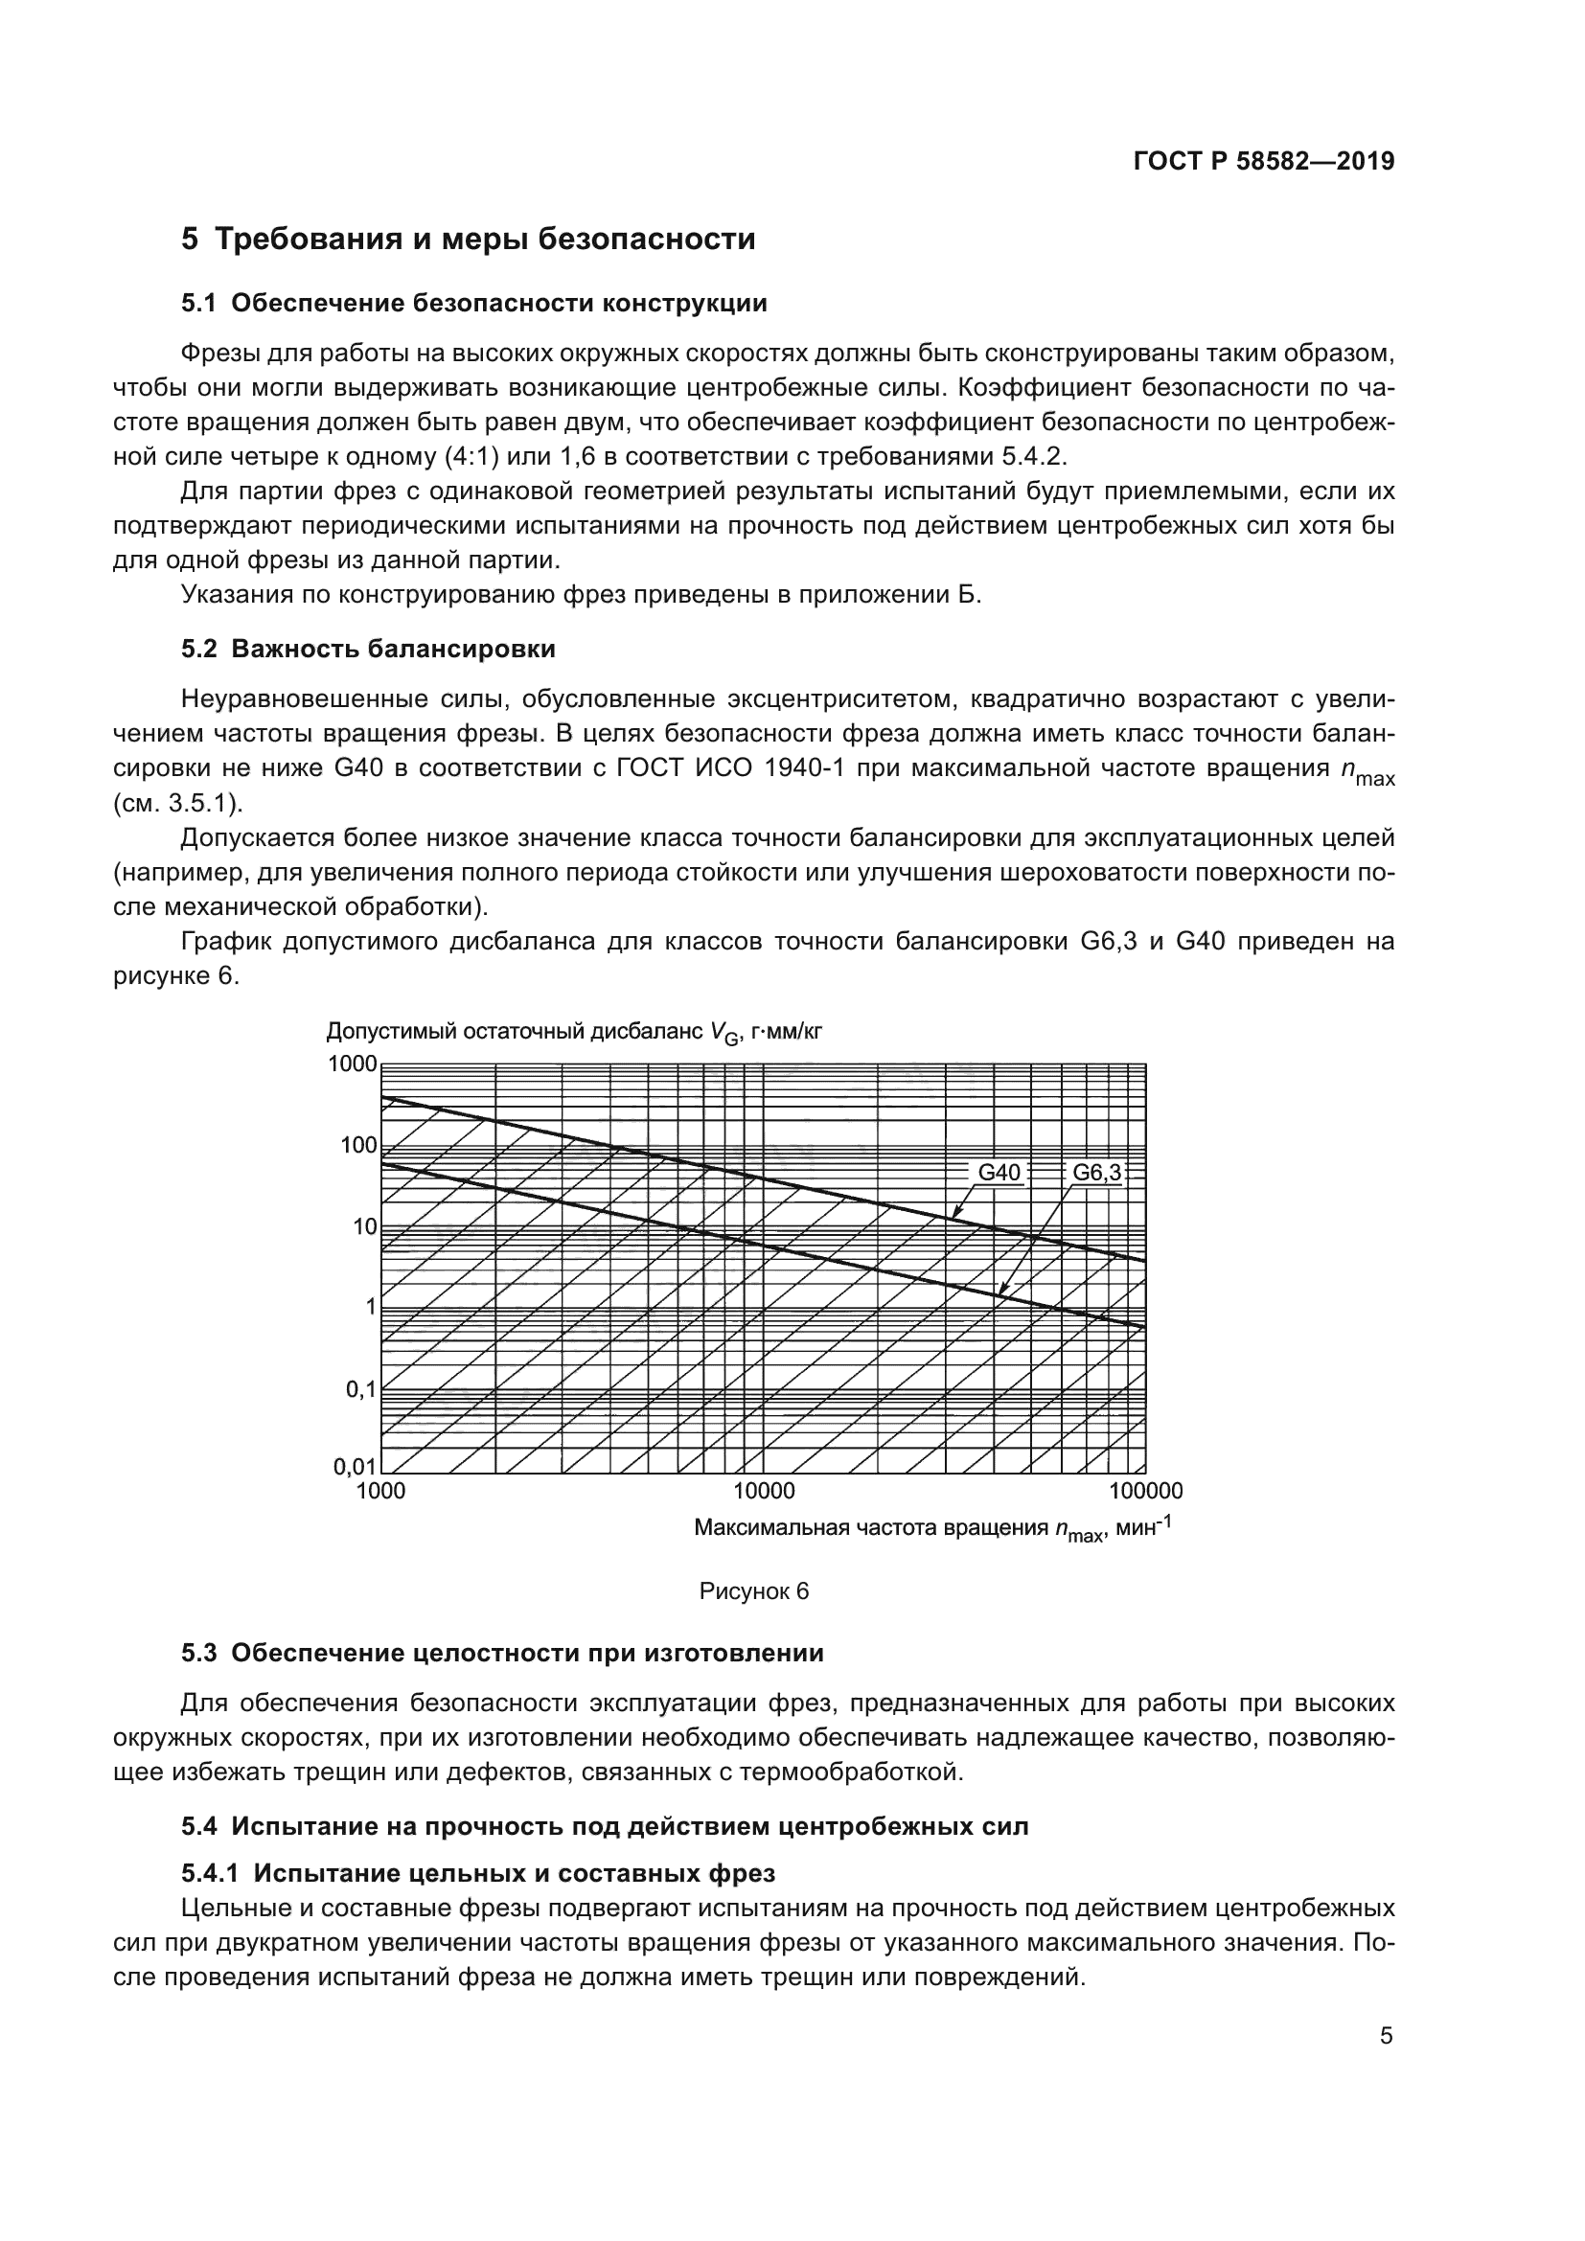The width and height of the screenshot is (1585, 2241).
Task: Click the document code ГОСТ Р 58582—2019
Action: pos(1264,161)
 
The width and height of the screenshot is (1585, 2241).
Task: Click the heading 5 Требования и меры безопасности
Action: pos(469,240)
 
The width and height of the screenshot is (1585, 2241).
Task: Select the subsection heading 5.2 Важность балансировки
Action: pos(369,648)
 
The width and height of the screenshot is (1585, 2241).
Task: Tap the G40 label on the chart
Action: pos(999,1172)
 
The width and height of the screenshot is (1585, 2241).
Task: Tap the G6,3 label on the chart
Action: pos(1097,1172)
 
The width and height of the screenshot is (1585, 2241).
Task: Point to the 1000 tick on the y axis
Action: pos(352,1063)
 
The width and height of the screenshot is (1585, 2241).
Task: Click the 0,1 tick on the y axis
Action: pos(360,1388)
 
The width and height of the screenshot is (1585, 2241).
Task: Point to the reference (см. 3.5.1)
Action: pos(178,803)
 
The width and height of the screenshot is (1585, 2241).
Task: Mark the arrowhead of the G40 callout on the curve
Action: pos(955,1214)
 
